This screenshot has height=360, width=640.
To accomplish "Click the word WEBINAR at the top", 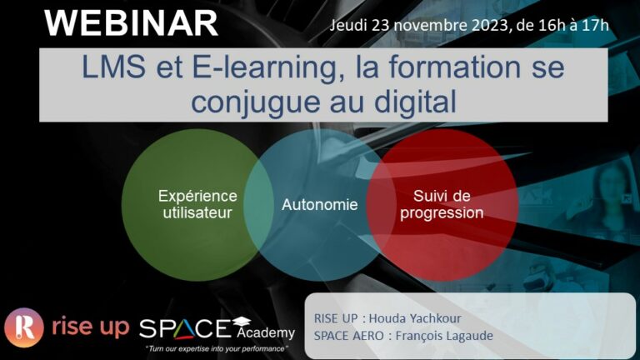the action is [x=131, y=23].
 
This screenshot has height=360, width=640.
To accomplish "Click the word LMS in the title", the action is [x=114, y=67].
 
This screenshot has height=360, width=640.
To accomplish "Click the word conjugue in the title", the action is [x=256, y=102].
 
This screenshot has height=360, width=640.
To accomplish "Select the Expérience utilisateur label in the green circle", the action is [x=197, y=204].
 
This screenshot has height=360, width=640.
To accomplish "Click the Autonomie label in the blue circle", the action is [x=320, y=204].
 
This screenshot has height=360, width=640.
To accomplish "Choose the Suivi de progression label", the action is [x=442, y=204].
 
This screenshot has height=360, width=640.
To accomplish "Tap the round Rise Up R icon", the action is [x=24, y=327].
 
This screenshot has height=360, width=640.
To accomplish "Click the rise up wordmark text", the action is [x=91, y=327].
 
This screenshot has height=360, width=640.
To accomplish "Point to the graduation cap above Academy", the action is [x=242, y=321].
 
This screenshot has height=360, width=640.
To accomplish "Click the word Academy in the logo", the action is [x=266, y=332].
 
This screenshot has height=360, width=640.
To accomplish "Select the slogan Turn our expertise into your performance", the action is [x=217, y=349].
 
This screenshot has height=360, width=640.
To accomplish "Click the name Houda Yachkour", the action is [x=415, y=318].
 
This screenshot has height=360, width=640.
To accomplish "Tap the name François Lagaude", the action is [x=444, y=336].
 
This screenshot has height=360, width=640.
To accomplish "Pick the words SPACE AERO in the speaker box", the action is [x=348, y=336].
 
